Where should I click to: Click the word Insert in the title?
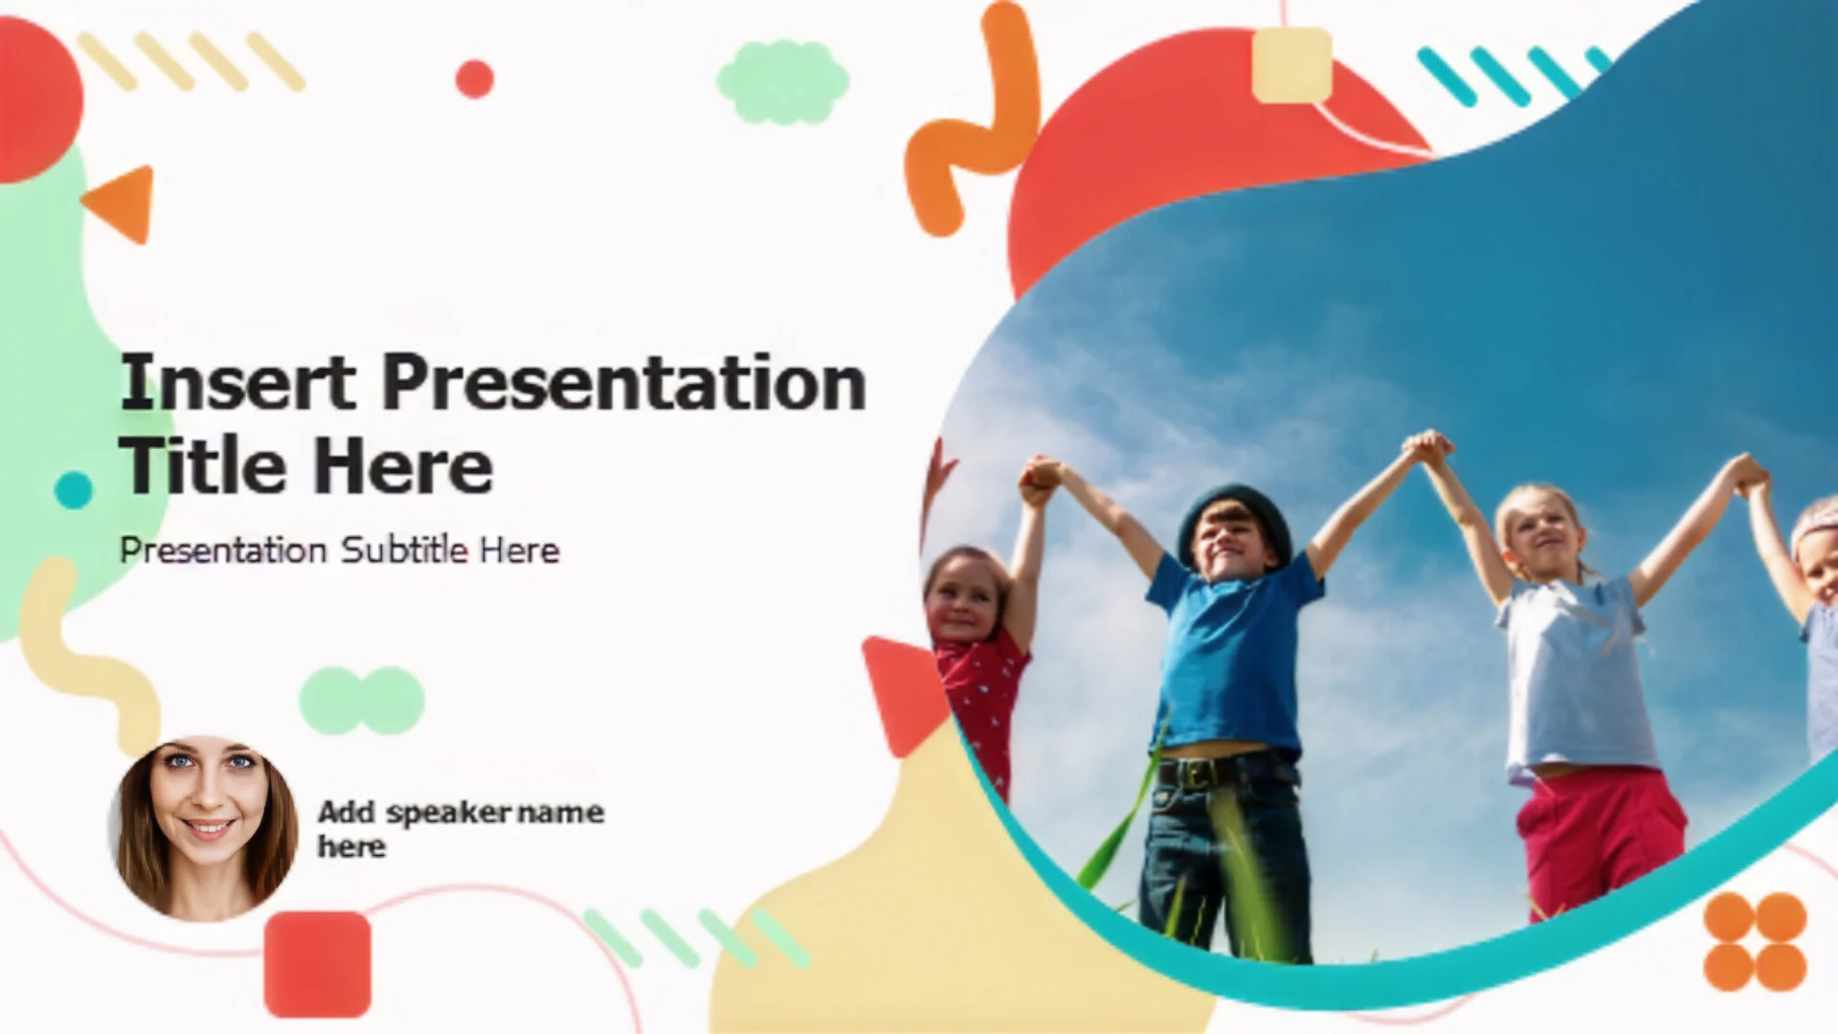click(238, 382)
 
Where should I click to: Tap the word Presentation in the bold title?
click(624, 382)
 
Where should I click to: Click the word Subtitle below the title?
click(405, 550)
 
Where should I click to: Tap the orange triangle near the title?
click(122, 203)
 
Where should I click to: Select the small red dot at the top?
click(474, 79)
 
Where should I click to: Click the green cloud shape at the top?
click(783, 82)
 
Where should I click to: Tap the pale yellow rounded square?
click(1292, 65)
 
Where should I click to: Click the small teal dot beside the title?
click(74, 490)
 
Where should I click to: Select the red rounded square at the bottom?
click(318, 964)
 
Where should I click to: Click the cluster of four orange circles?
click(1755, 942)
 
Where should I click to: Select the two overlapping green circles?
click(362, 701)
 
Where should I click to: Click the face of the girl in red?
click(962, 601)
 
